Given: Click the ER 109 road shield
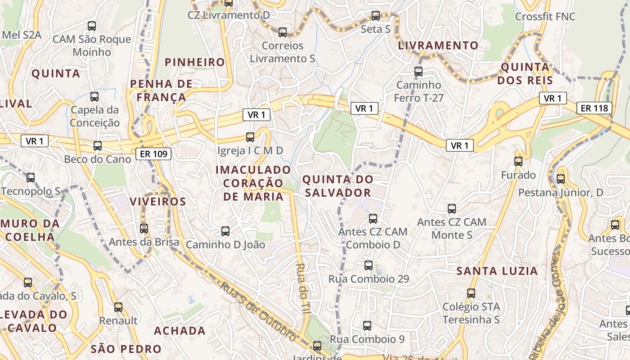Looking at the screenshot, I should click(153, 154).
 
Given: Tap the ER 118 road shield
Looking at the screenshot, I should click(594, 108).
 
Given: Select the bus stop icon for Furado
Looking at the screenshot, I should click(518, 162).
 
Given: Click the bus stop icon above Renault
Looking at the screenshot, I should click(118, 307).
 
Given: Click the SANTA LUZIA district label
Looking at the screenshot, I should click(497, 271).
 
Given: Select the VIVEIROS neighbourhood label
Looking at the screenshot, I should click(158, 202).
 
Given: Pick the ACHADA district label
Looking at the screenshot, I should click(180, 331).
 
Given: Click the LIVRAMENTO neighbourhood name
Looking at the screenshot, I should click(438, 45).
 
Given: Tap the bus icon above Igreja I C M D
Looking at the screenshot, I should click(250, 137).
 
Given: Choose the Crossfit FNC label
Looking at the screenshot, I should click(545, 17).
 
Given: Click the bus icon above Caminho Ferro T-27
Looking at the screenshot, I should click(418, 71).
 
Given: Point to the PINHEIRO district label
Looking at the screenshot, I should click(195, 62).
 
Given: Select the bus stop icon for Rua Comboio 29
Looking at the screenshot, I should click(369, 265).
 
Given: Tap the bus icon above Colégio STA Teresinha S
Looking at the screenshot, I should click(471, 293).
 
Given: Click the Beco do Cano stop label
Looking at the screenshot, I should click(98, 159).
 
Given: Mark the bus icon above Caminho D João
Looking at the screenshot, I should click(225, 231).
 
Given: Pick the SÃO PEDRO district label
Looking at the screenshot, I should click(126, 349).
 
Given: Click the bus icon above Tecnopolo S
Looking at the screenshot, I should click(31, 178).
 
